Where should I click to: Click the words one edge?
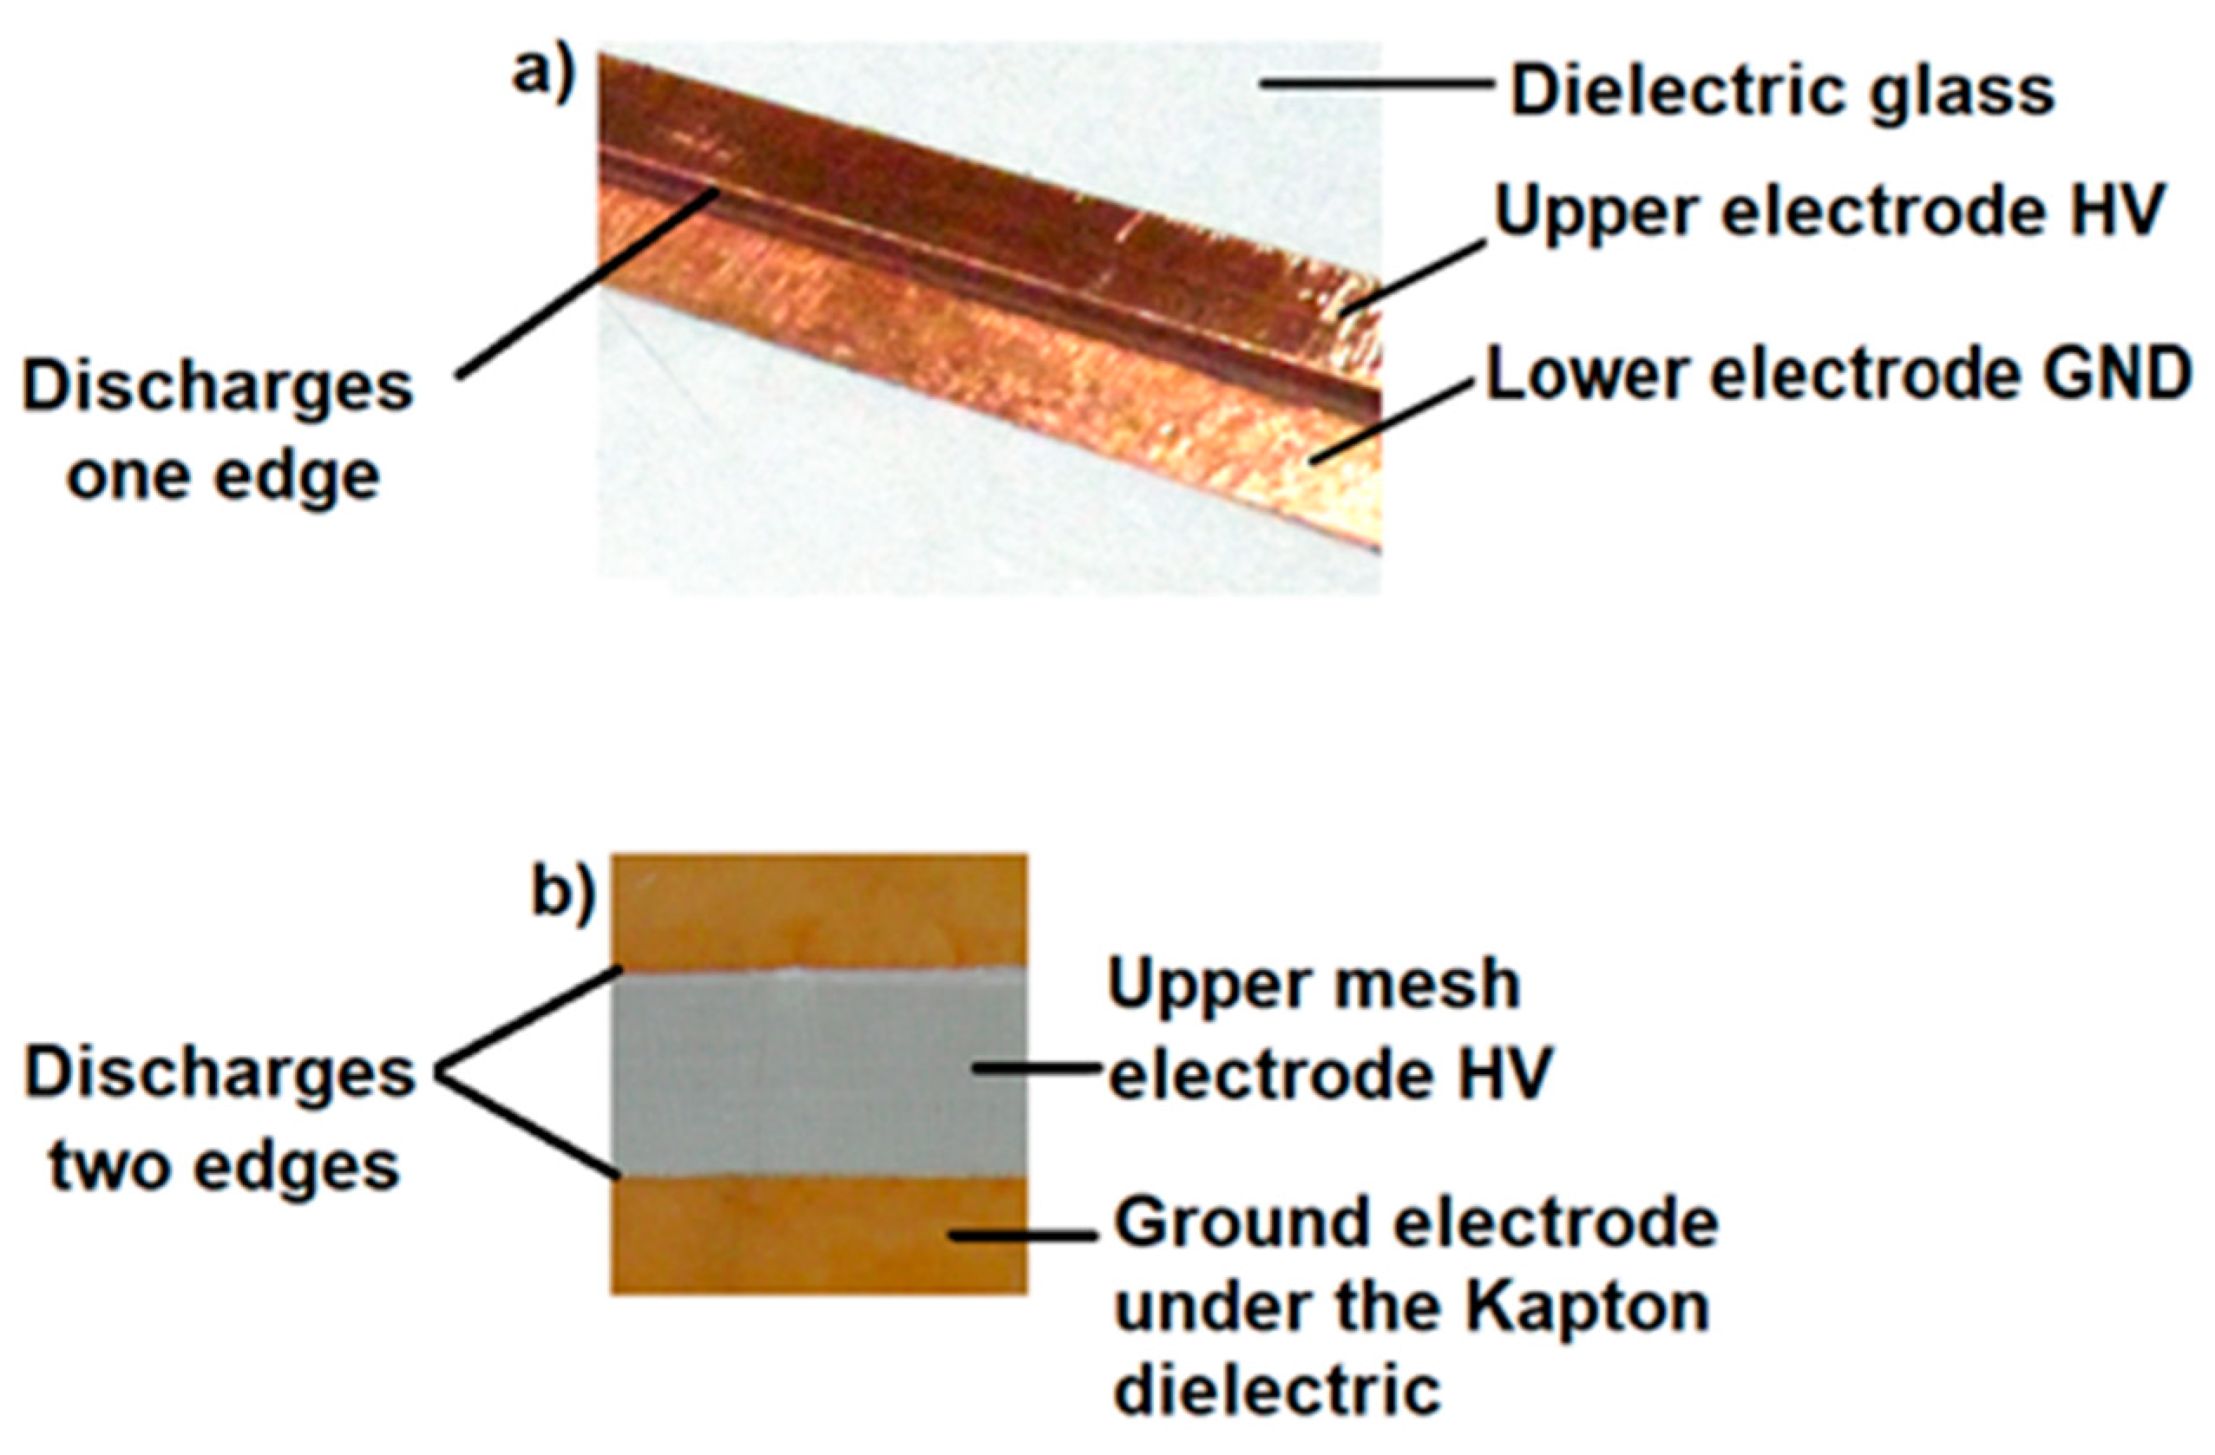coord(223,476)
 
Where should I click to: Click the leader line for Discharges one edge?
coord(587,283)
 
